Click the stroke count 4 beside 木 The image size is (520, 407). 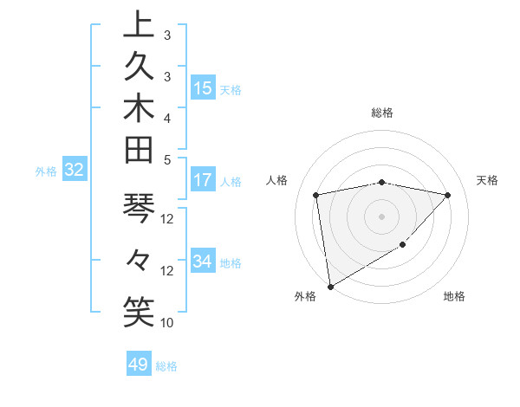point(166,117)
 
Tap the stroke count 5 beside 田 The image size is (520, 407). point(166,159)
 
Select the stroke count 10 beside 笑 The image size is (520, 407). point(167,323)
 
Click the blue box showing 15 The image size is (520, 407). point(203,88)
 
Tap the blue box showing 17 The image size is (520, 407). point(203,181)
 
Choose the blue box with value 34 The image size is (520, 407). point(203,262)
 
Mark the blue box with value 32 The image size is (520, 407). point(74,171)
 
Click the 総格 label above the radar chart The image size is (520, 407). point(381,113)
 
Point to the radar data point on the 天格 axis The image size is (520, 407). point(447,195)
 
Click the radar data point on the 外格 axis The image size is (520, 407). point(330,286)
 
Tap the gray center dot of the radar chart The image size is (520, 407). point(381,216)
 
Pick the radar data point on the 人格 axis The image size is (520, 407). point(316,195)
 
